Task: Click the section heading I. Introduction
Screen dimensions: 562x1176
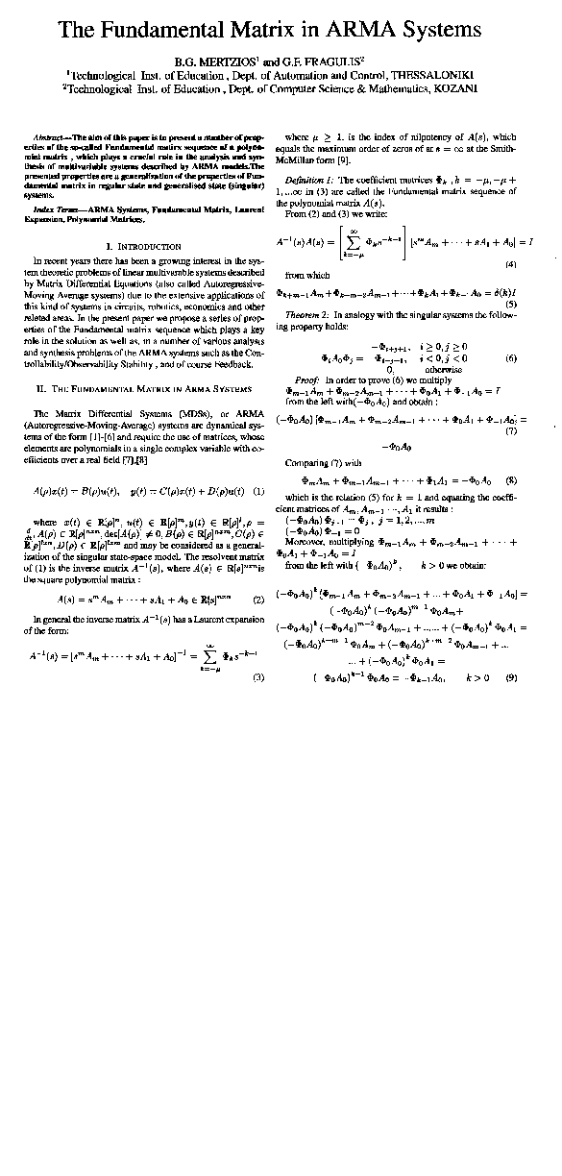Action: click(x=142, y=246)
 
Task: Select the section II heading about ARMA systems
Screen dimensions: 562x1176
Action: click(x=142, y=362)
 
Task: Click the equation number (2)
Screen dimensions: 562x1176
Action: click(x=257, y=600)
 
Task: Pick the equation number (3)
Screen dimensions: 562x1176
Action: click(x=257, y=677)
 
